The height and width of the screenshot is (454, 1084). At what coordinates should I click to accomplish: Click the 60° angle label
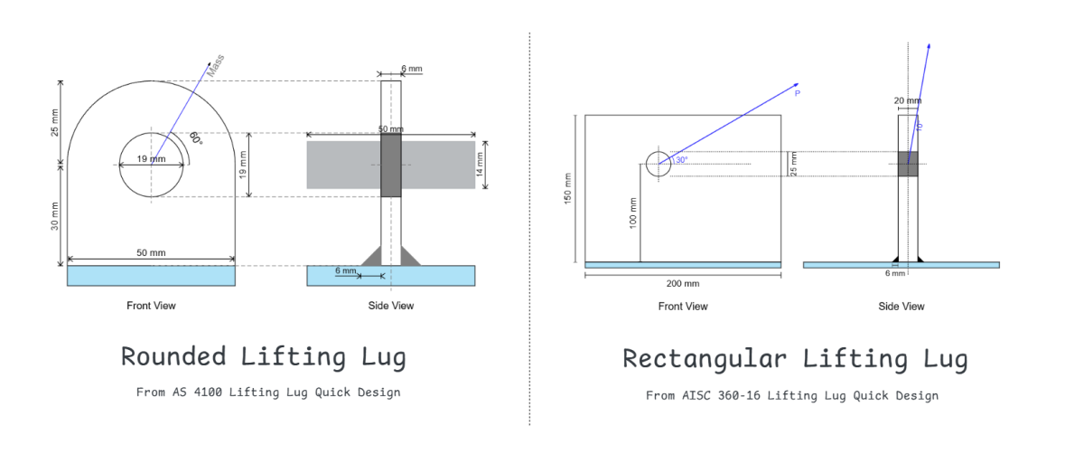[195, 138]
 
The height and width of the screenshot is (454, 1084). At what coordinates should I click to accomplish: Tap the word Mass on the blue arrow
[215, 65]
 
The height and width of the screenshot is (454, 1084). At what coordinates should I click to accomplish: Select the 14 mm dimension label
[481, 164]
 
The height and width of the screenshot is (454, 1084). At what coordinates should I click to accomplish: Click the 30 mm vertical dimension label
[55, 213]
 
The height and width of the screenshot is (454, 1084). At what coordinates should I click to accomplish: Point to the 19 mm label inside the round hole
[151, 159]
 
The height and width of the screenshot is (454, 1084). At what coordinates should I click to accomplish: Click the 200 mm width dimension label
[683, 283]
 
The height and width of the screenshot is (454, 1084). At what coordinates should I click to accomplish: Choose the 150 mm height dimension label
[568, 189]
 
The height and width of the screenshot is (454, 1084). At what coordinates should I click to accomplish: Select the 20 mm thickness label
[907, 100]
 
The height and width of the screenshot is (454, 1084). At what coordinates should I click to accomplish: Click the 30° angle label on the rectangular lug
[679, 160]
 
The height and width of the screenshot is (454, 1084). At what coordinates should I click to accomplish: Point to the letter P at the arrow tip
[797, 93]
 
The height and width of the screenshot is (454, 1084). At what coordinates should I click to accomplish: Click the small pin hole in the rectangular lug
[658, 165]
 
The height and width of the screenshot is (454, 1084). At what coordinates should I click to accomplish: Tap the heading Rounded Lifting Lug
[263, 356]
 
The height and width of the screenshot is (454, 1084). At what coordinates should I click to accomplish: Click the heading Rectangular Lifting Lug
[795, 359]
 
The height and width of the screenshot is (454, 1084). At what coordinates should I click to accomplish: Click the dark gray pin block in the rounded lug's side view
[390, 165]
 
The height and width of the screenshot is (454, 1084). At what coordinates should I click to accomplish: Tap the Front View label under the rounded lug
[151, 306]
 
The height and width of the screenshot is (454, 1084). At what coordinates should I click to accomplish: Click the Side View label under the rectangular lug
[901, 307]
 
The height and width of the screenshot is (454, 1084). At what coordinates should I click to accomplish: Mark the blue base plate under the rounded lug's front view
[151, 275]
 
